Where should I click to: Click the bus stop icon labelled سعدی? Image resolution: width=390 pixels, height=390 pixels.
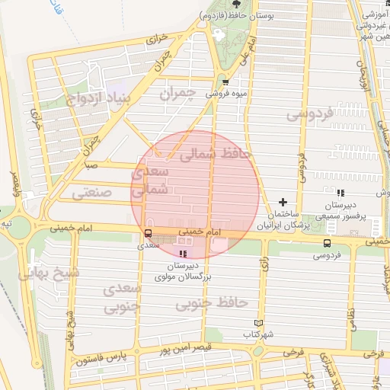click(x=147, y=233)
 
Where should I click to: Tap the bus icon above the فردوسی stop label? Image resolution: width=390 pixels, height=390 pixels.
click(x=326, y=244)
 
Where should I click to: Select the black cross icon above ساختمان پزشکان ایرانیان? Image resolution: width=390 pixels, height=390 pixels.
click(x=283, y=203)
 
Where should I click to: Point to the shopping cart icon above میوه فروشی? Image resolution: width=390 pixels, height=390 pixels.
click(x=225, y=82)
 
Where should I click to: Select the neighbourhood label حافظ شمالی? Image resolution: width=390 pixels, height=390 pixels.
click(x=216, y=153)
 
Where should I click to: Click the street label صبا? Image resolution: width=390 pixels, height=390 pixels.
click(x=91, y=165)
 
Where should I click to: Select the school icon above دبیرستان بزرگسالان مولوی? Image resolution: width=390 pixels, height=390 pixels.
click(x=183, y=254)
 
